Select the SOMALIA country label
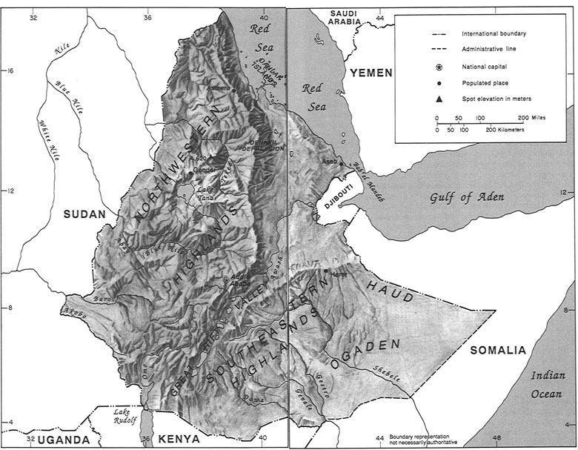point(496,350)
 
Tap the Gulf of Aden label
point(468,196)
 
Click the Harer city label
point(339,275)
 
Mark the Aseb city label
point(329,161)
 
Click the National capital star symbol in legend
point(439,67)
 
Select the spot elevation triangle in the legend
point(439,99)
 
